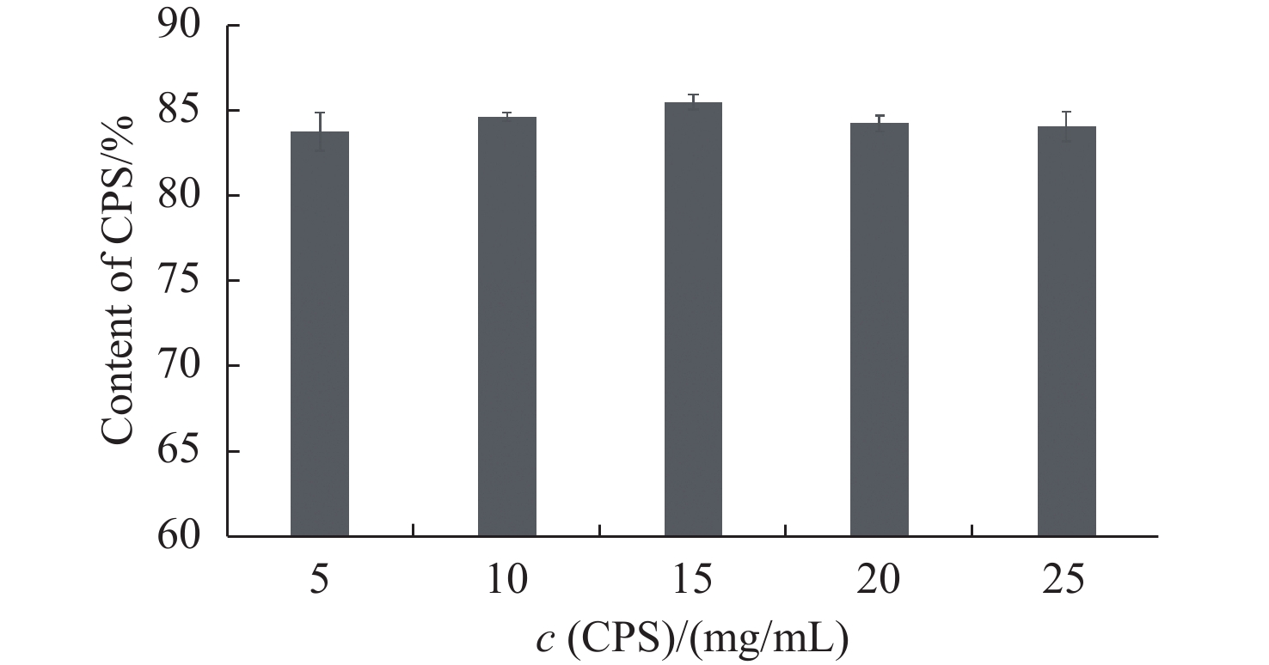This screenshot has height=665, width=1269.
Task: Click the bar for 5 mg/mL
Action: tap(320, 334)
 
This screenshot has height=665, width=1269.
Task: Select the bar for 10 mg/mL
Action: tap(507, 326)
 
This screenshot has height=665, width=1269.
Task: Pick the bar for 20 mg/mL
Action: tap(880, 330)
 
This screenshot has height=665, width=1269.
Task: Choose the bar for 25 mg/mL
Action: tap(1066, 332)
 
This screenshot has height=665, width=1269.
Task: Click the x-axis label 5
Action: tap(320, 580)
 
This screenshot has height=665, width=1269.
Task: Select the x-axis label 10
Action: tap(507, 580)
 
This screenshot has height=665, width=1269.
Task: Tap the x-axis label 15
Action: tap(693, 580)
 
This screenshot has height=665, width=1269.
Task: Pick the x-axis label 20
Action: tap(880, 580)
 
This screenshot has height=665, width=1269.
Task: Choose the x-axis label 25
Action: tap(1066, 580)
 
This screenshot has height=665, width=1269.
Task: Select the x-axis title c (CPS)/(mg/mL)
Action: tap(693, 638)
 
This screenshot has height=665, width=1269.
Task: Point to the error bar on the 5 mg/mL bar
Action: tap(320, 131)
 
